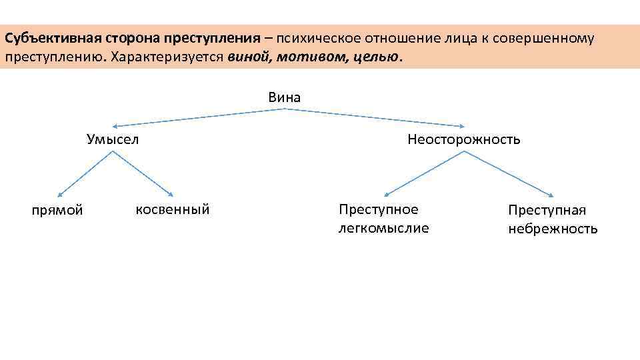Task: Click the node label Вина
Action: [x=285, y=97]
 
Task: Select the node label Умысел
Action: [x=113, y=139]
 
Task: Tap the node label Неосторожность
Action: [x=464, y=139]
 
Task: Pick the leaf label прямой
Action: [x=57, y=211]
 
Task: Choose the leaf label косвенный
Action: [x=173, y=209]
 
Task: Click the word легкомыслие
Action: [x=384, y=229]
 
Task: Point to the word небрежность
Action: [x=553, y=229]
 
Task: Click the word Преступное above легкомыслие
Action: [x=379, y=209]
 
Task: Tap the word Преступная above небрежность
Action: [x=547, y=211]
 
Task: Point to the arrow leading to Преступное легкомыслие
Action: [x=423, y=174]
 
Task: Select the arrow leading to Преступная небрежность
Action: [x=509, y=174]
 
